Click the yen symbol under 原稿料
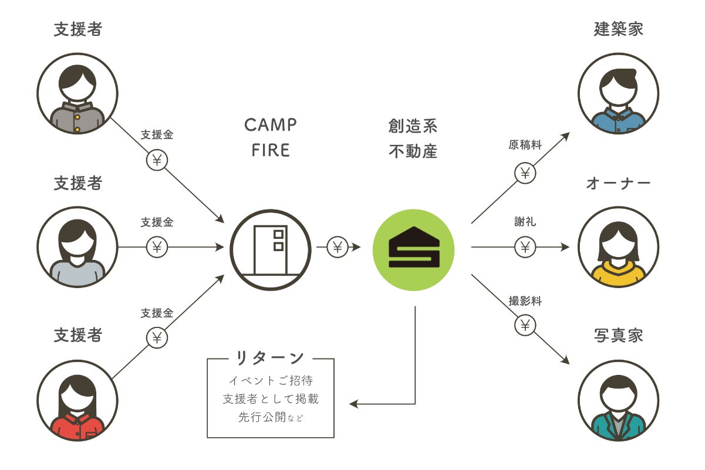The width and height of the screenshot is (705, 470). click(525, 173)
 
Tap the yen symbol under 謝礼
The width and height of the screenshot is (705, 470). click(525, 247)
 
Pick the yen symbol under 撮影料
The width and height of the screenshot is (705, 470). click(525, 324)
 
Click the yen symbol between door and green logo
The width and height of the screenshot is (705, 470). click(337, 247)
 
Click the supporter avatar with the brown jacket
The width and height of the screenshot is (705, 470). click(77, 94)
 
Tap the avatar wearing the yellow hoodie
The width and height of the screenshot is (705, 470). click(618, 247)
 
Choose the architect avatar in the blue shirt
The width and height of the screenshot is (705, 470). click(618, 94)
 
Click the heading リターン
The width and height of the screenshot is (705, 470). click(270, 358)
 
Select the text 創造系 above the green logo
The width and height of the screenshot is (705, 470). click(413, 126)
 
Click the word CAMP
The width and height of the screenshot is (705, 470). click(271, 125)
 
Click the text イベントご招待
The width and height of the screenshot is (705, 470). click(271, 380)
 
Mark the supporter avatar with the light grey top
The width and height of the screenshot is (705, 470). click(77, 247)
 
